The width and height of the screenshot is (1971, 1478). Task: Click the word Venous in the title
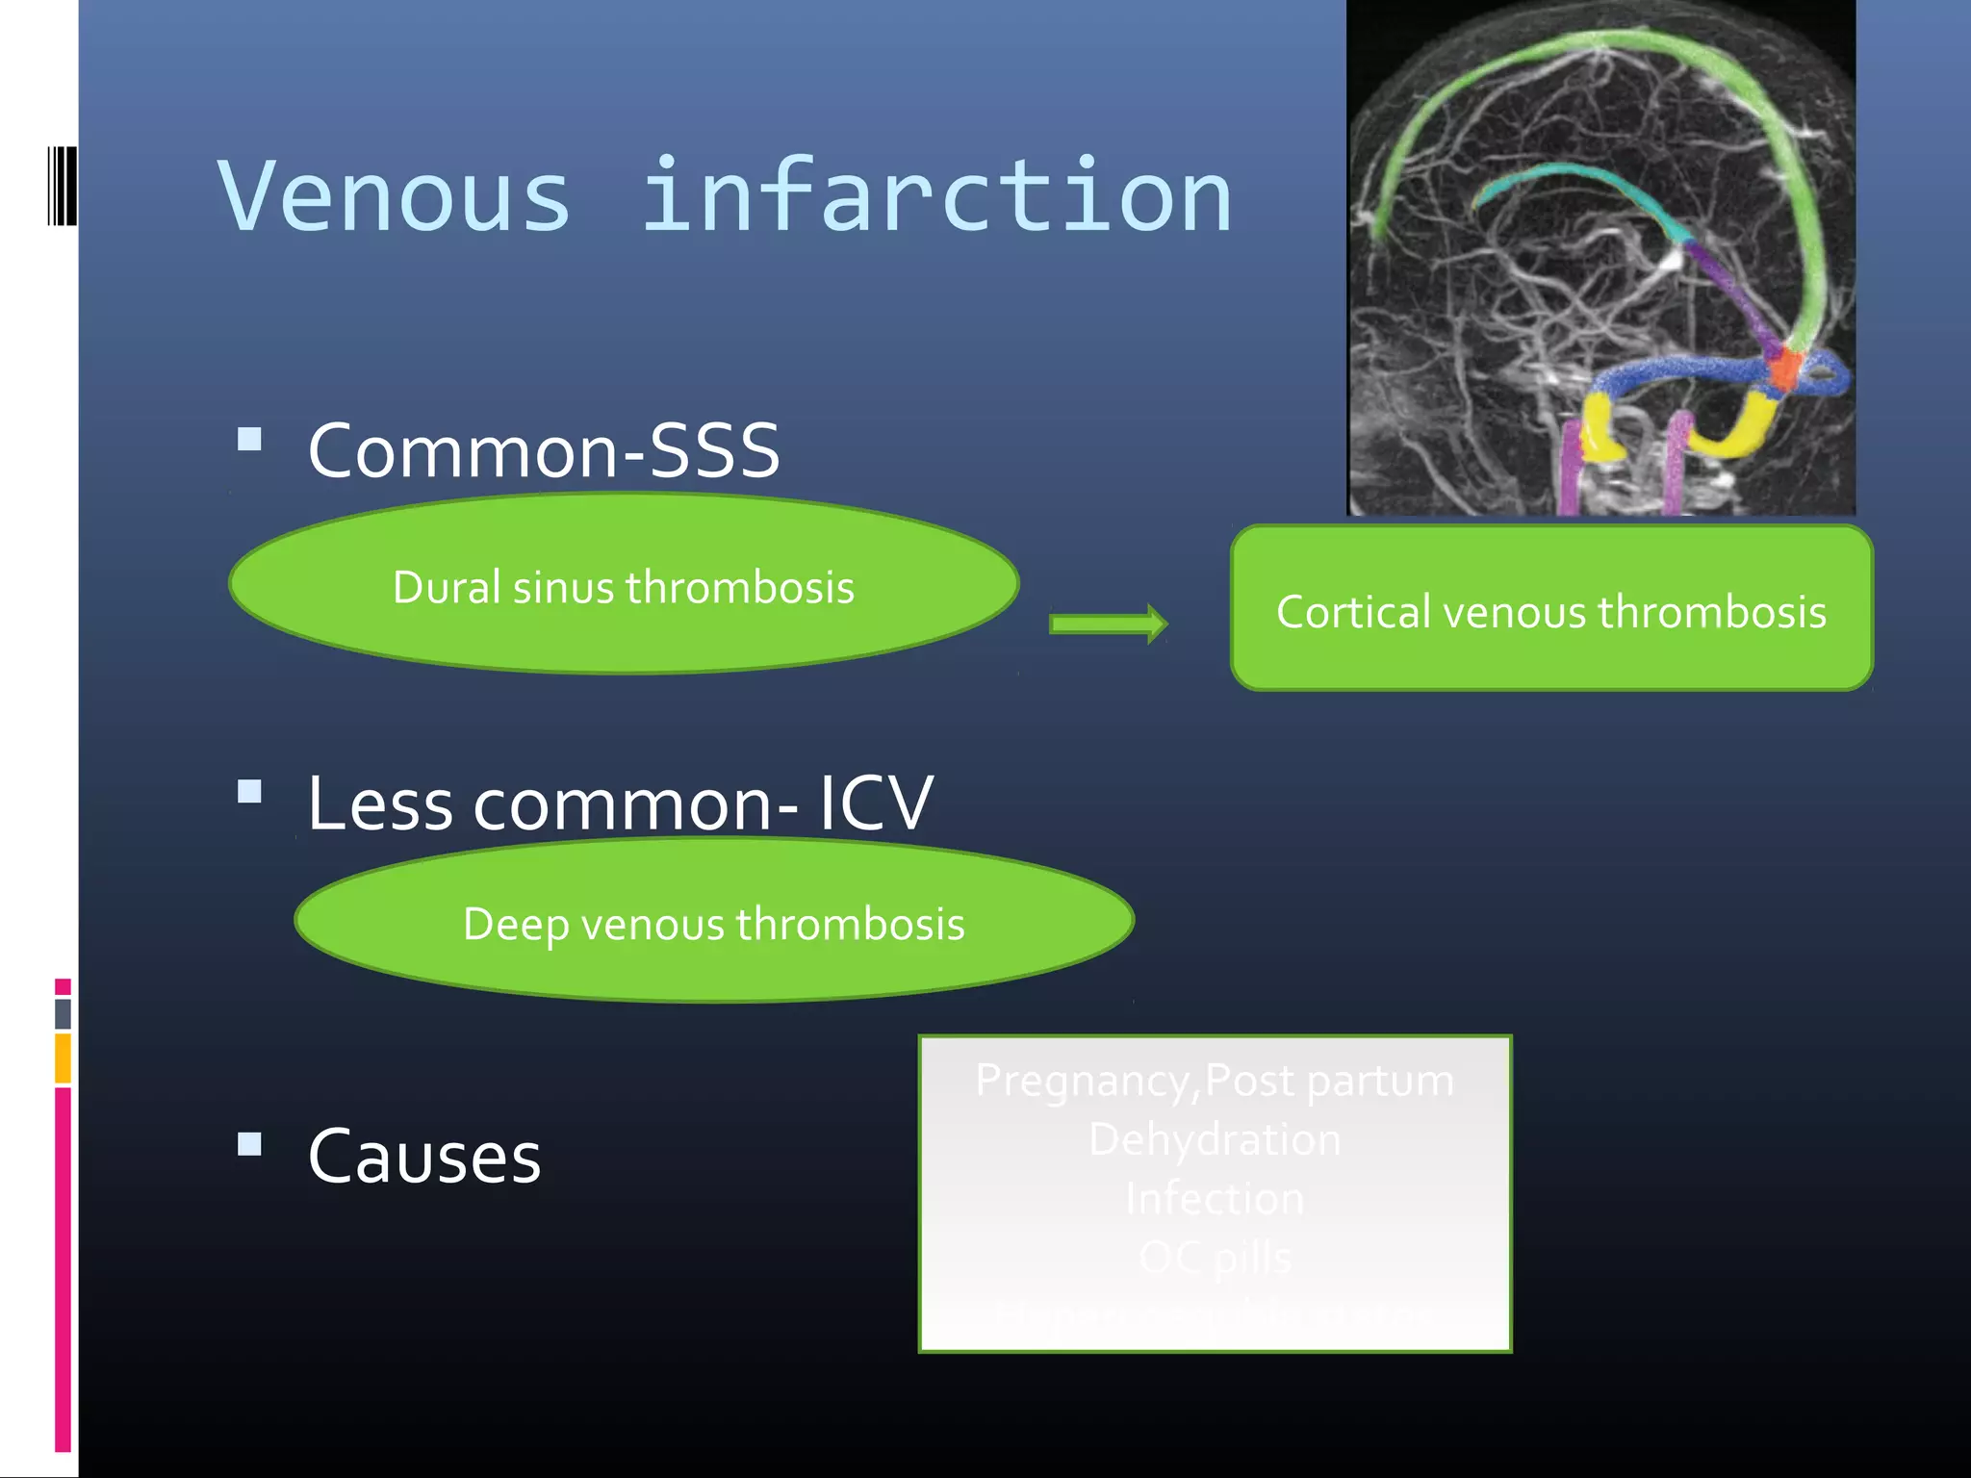[395, 197]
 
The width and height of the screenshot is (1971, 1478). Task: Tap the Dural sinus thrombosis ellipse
[624, 585]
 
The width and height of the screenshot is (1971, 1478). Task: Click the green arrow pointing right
[1108, 624]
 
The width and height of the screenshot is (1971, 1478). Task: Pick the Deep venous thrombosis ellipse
[713, 922]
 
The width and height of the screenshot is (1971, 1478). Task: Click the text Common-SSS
[544, 450]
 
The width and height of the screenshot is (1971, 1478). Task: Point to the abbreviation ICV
[876, 803]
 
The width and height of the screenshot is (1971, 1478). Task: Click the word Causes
[424, 1156]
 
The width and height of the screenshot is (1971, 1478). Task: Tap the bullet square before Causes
[250, 1144]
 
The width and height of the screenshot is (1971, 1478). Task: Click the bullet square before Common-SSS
[250, 440]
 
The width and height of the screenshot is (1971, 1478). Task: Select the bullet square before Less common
[250, 792]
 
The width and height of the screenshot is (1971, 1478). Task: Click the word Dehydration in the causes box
[1215, 1139]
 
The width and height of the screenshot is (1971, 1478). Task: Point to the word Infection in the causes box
[1215, 1199]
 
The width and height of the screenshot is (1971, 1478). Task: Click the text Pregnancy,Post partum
[1215, 1080]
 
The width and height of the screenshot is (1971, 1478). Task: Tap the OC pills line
[1215, 1258]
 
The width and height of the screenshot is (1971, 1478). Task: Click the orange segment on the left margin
[63, 1058]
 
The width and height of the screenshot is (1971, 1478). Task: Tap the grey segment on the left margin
[63, 1013]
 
